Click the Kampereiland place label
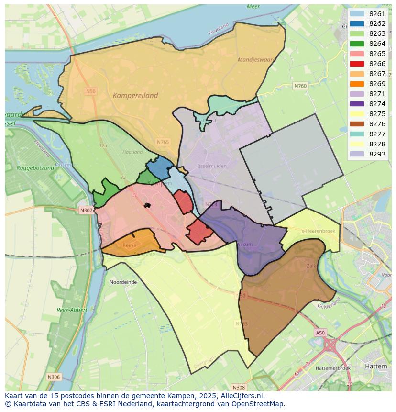(135, 95)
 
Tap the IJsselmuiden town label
(212, 166)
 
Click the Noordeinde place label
(123, 282)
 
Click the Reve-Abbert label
(72, 310)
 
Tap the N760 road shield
(300, 86)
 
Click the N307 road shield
(86, 210)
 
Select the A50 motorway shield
(320, 333)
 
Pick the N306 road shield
(54, 377)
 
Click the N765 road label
(163, 142)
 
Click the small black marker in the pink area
(147, 205)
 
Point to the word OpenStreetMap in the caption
(259, 403)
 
